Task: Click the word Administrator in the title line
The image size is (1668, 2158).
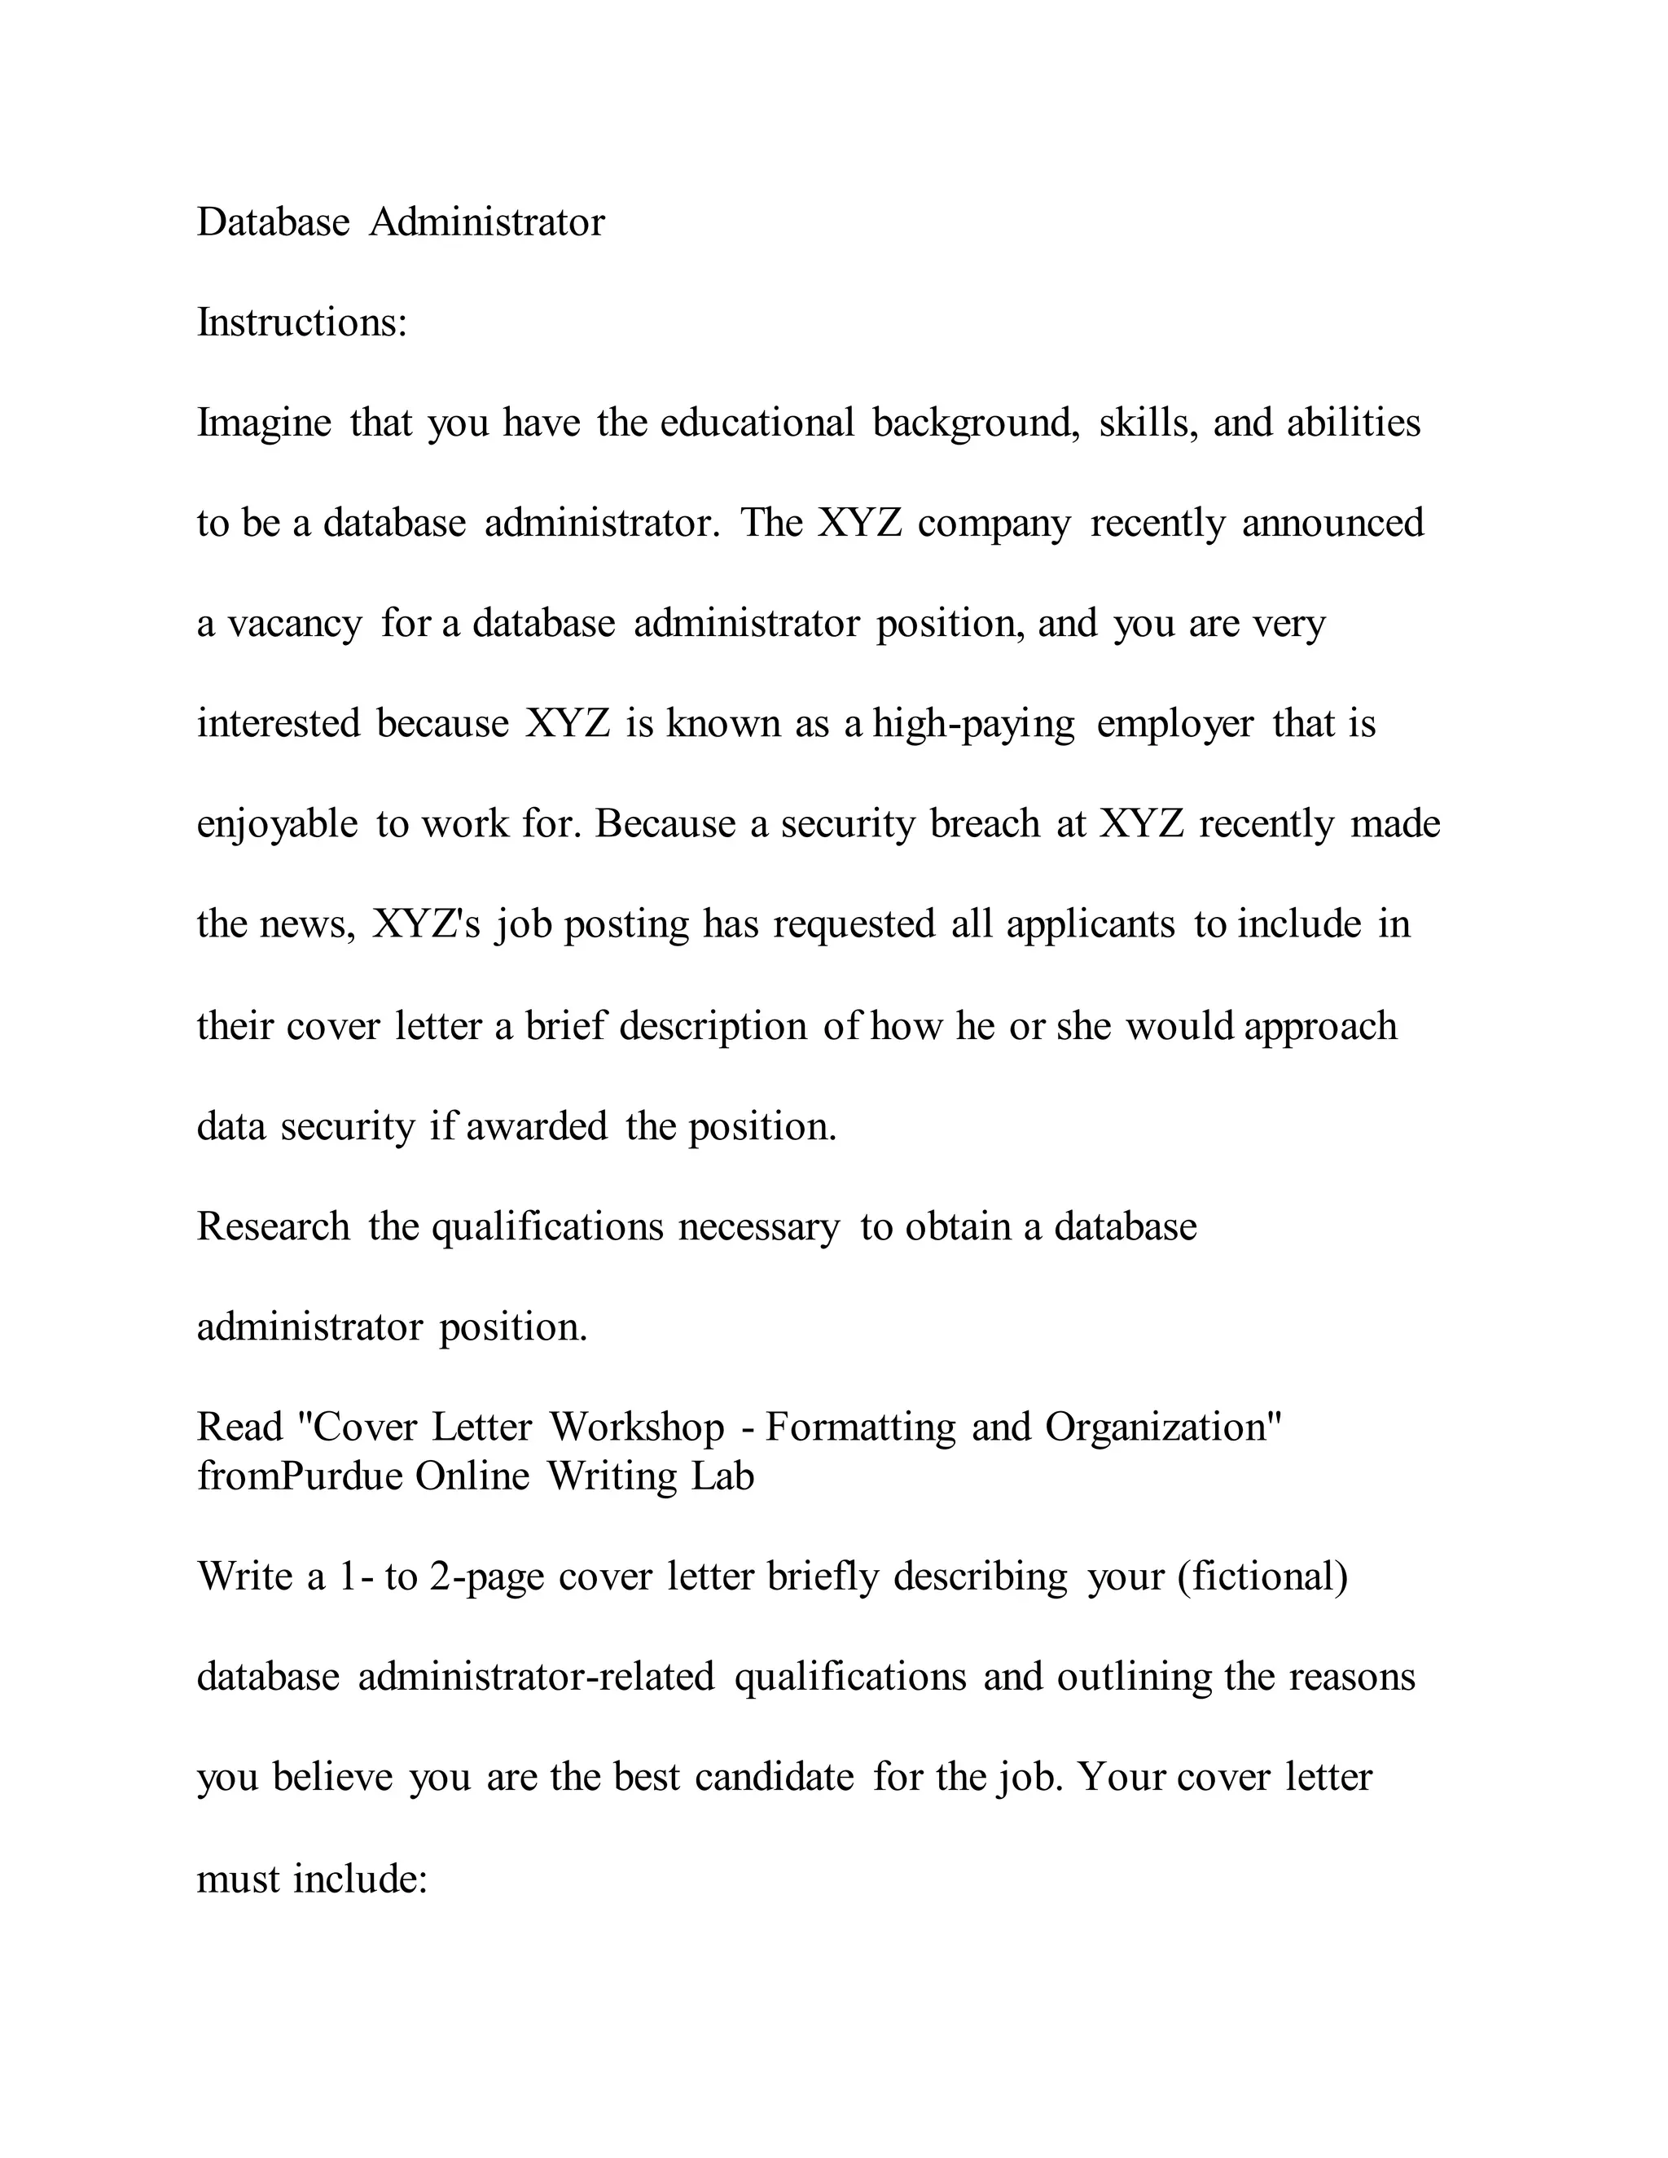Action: click(x=486, y=222)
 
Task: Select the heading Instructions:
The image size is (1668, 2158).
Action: click(x=302, y=322)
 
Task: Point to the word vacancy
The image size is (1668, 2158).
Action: click(x=295, y=624)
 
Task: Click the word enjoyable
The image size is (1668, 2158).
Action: click(x=277, y=824)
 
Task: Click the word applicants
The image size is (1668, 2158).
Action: click(x=1091, y=925)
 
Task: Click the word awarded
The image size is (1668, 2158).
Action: click(x=537, y=1126)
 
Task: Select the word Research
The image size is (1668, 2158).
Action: click(x=274, y=1226)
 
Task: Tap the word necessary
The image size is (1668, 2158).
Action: click(x=759, y=1227)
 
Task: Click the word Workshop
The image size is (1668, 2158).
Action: click(x=638, y=1427)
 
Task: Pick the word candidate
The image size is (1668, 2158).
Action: click(x=775, y=1778)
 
